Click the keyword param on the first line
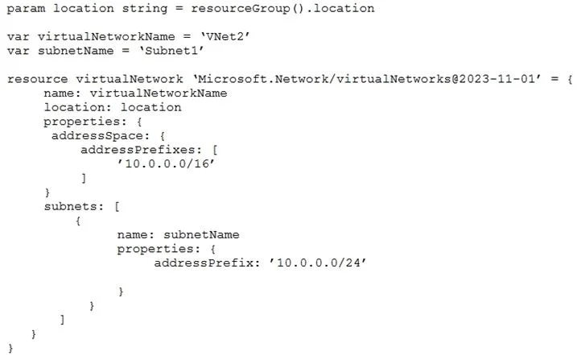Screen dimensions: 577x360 tap(26, 9)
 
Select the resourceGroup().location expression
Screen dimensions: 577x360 tap(282, 9)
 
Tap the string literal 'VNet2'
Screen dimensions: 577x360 tap(225, 36)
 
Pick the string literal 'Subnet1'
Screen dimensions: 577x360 tap(171, 51)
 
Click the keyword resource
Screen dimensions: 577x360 tap(38, 79)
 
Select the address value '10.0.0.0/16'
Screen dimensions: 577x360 tap(166, 163)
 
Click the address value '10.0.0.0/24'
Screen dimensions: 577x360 tap(318, 263)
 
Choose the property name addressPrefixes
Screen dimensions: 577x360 tap(138, 150)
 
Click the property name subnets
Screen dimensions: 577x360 tap(70, 206)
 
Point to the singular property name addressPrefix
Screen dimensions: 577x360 tap(204, 263)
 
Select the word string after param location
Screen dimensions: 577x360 tap(145, 9)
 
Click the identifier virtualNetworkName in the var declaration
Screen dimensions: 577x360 tap(106, 36)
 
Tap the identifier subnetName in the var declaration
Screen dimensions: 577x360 tap(76, 51)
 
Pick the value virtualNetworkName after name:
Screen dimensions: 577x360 tap(159, 93)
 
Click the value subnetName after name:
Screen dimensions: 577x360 tap(201, 235)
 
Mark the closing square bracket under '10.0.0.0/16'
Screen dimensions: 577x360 tap(84, 178)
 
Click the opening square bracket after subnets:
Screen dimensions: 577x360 tap(117, 206)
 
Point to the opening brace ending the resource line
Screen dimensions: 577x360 tap(570, 79)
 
